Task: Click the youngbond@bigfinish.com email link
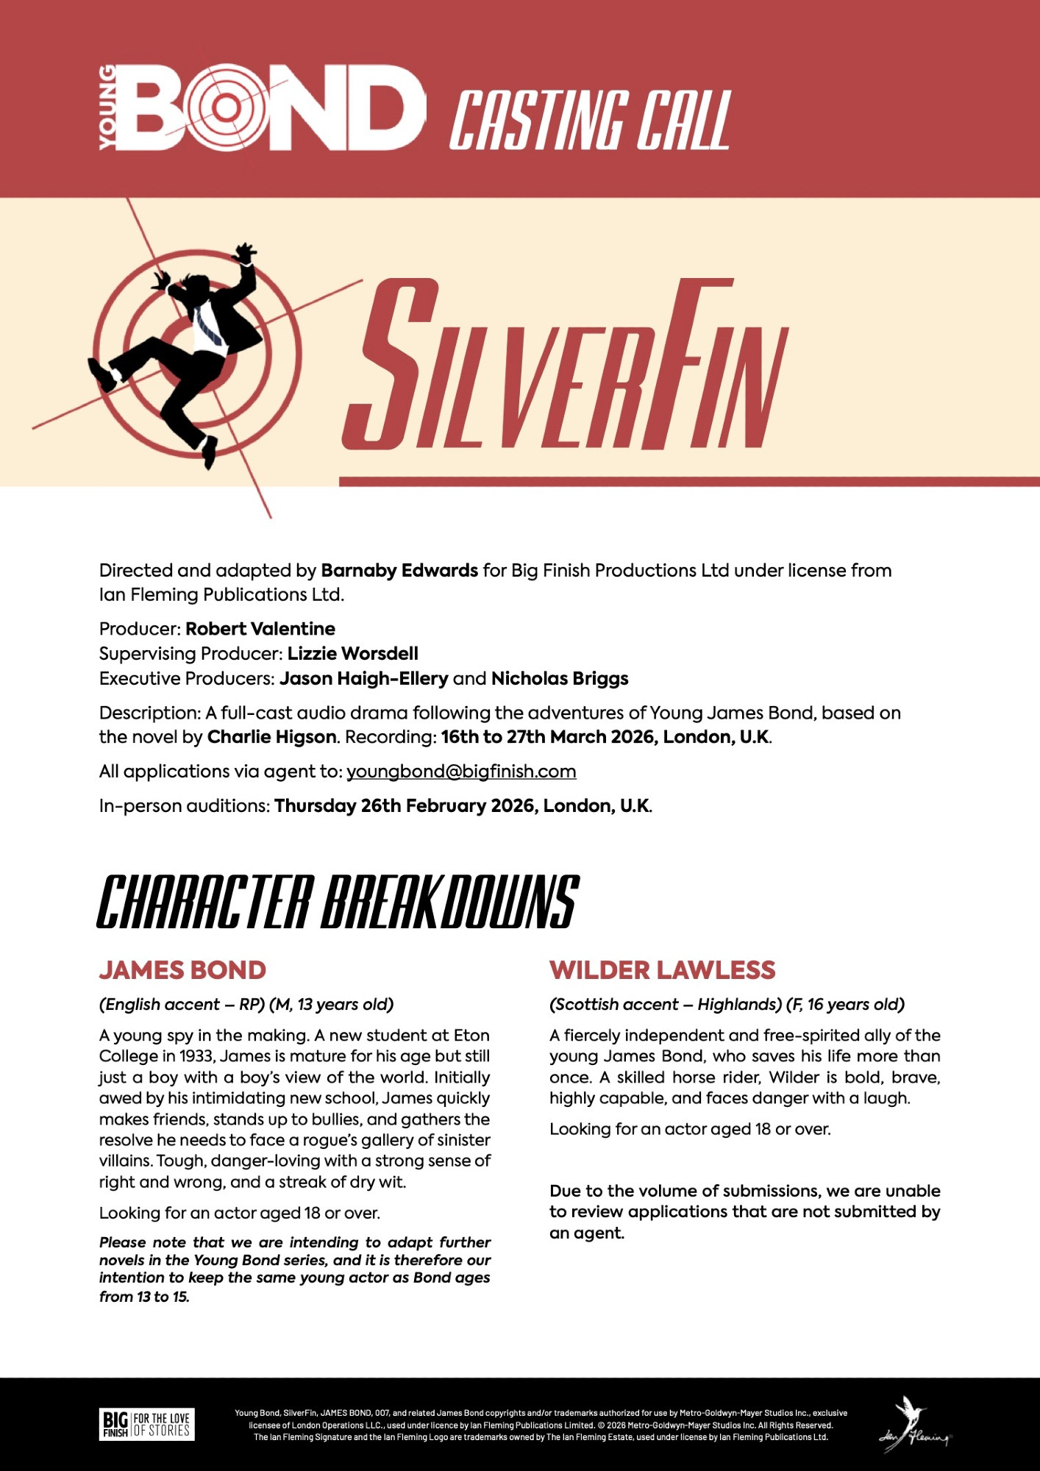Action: click(x=461, y=772)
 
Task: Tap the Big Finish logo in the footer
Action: click(x=147, y=1425)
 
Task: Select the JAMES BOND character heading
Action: click(x=182, y=970)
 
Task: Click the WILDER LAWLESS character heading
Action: click(x=662, y=970)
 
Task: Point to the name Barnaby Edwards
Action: click(x=399, y=571)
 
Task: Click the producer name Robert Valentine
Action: click(x=260, y=629)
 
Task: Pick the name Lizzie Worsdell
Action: click(x=352, y=654)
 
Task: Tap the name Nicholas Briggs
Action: click(x=560, y=678)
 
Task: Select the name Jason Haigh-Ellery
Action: click(x=363, y=678)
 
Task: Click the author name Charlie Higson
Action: click(x=271, y=737)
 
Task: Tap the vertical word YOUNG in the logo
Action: click(x=107, y=107)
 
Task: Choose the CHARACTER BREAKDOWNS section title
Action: click(x=338, y=902)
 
